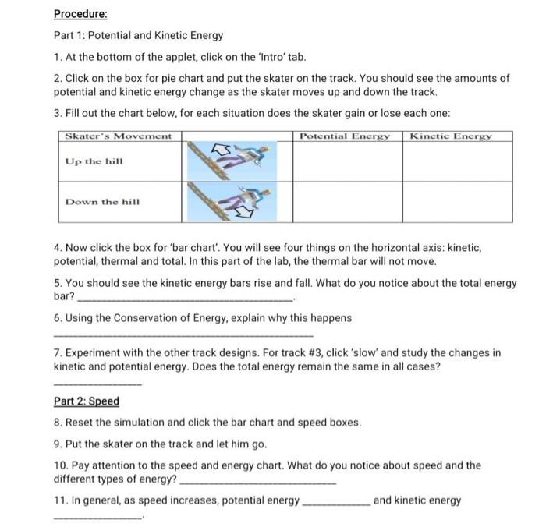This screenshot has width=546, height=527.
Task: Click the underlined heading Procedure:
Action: point(80,14)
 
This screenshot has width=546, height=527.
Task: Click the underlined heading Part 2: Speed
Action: point(87,401)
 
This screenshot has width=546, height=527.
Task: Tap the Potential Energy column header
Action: point(345,136)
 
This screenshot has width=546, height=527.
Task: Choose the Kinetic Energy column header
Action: point(451,136)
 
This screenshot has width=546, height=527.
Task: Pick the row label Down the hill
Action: point(102,201)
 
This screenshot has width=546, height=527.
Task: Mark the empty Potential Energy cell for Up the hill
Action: point(346,161)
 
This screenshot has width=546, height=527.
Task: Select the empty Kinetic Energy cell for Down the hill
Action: point(457,202)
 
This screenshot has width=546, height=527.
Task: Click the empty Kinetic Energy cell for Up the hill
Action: point(457,161)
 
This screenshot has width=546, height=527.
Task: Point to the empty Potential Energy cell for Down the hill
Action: point(346,202)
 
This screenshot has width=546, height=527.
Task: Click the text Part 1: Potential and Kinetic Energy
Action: point(138,36)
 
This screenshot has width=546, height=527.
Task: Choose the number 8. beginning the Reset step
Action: point(58,423)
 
